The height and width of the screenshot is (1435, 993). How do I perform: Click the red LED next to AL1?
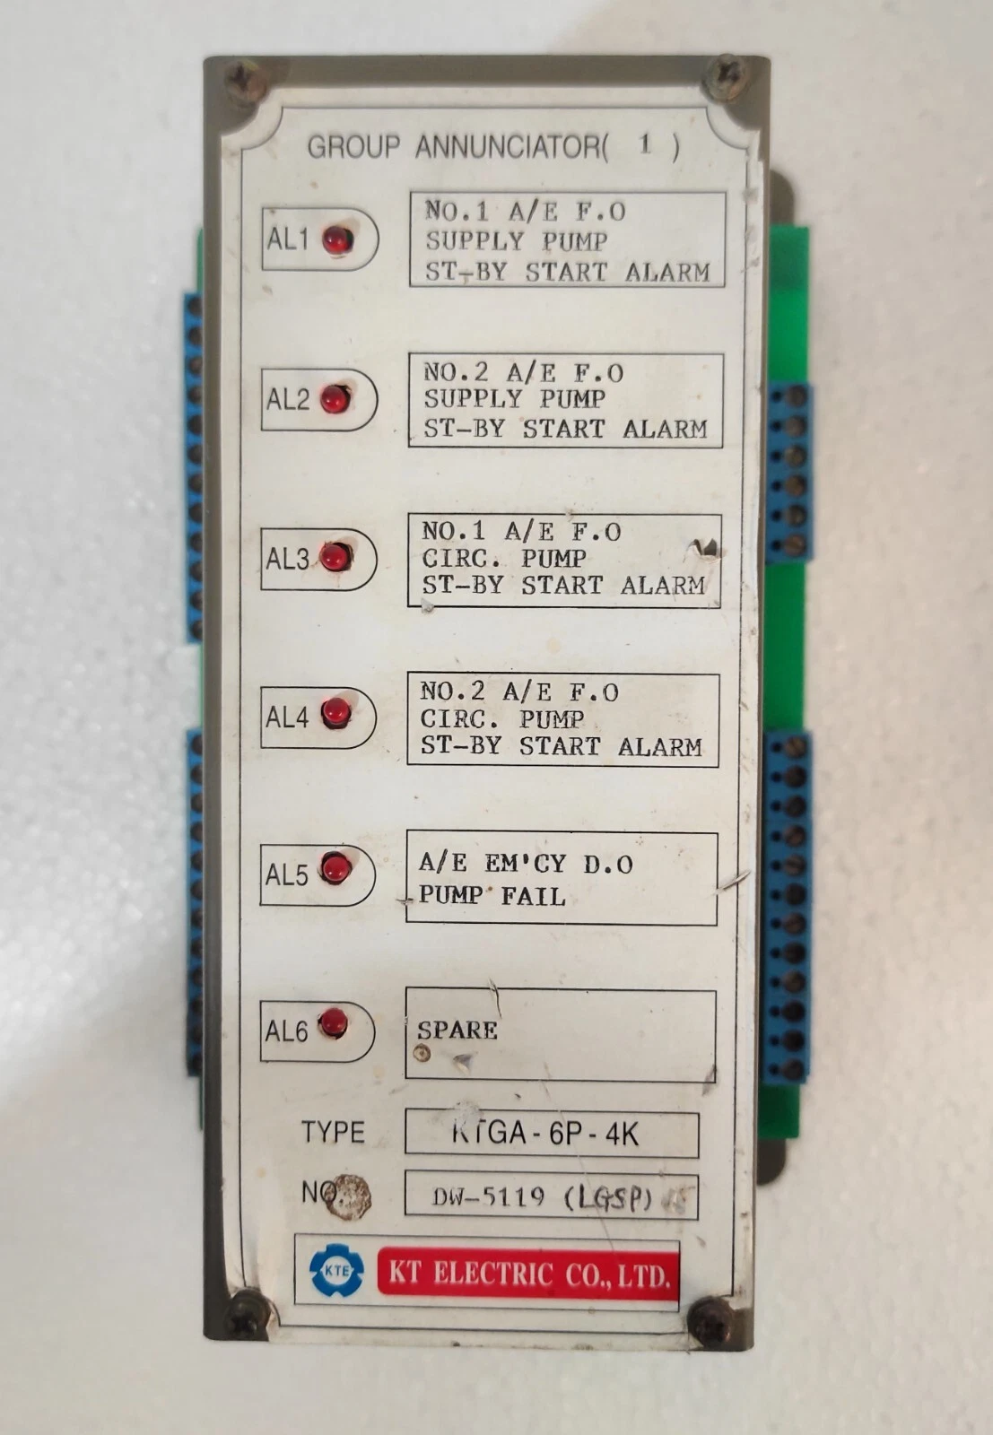(338, 239)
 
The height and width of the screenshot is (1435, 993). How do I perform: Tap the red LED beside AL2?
(335, 398)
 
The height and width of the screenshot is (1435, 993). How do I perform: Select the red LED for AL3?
(335, 558)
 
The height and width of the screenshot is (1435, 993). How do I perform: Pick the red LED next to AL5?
(335, 868)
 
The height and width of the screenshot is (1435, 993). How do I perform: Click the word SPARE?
(457, 1030)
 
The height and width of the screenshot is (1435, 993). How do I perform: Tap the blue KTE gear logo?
(336, 1270)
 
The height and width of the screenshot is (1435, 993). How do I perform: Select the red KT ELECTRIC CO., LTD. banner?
(527, 1274)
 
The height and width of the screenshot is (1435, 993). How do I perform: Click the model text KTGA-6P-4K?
(545, 1134)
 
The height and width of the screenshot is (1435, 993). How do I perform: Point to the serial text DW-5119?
(488, 1196)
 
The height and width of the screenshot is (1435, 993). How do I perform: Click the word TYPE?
(333, 1132)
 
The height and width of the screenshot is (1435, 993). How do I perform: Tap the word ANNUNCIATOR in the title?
(510, 146)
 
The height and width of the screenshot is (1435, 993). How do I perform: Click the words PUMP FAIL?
(492, 895)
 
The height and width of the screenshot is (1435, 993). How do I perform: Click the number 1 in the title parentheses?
(644, 144)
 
